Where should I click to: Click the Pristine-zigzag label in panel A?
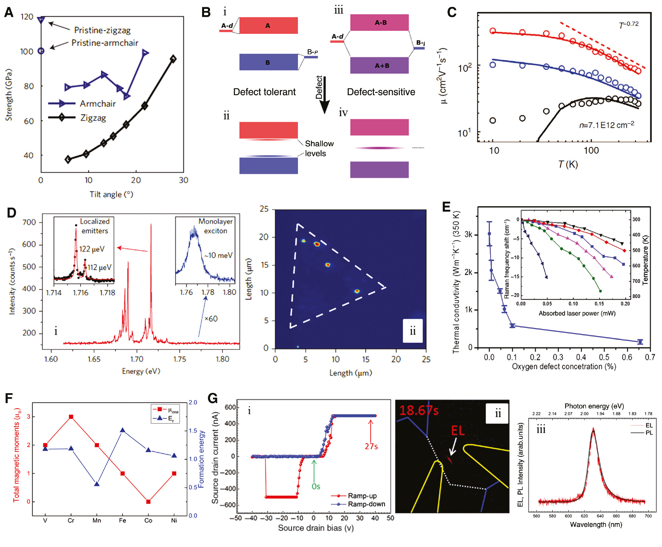click(x=102, y=30)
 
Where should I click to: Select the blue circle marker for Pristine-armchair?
click(x=41, y=51)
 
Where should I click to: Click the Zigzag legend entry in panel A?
click(x=93, y=118)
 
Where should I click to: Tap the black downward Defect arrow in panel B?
click(x=325, y=96)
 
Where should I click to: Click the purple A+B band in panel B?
click(x=379, y=66)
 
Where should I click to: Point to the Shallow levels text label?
click(x=319, y=149)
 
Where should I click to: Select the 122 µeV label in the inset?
click(x=92, y=249)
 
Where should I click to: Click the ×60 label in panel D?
click(x=211, y=319)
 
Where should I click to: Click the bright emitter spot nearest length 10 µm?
click(x=357, y=291)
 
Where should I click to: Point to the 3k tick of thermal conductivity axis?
click(x=468, y=234)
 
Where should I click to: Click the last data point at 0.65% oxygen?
click(x=640, y=342)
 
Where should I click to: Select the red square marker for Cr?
click(x=71, y=417)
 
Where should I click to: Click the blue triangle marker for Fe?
click(x=123, y=430)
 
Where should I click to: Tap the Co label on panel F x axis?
click(x=148, y=521)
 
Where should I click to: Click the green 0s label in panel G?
click(x=316, y=486)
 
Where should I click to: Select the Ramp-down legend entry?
click(x=366, y=504)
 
